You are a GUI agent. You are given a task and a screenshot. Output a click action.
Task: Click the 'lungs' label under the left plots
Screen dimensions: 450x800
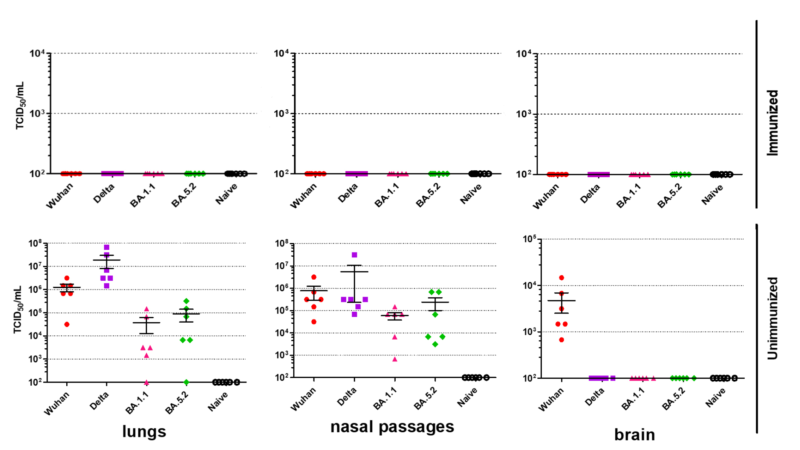(x=144, y=432)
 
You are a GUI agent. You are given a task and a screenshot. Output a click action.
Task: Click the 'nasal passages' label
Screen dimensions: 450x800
(x=392, y=427)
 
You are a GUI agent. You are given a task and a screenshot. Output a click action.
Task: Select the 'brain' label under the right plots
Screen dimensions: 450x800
(x=635, y=435)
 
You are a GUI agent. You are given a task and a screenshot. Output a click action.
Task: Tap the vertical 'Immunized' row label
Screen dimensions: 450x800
(x=773, y=123)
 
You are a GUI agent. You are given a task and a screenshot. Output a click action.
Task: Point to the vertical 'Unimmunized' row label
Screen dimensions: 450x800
(x=773, y=318)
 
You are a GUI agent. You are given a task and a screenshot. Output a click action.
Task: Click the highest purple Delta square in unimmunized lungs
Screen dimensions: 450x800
(x=107, y=248)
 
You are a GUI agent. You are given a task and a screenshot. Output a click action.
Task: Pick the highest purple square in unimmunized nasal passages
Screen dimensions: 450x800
(x=354, y=255)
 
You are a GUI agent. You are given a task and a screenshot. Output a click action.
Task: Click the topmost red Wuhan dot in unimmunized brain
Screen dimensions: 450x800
(x=561, y=278)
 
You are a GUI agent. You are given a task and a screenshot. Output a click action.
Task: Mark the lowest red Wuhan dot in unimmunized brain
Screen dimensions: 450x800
(x=561, y=340)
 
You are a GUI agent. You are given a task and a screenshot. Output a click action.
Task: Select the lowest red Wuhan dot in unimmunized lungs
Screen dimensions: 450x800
(x=67, y=324)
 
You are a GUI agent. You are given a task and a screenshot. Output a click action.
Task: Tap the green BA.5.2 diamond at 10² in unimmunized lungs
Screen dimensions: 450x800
(x=186, y=382)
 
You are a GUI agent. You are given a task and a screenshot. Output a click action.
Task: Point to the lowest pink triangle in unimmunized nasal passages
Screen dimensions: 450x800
(x=395, y=359)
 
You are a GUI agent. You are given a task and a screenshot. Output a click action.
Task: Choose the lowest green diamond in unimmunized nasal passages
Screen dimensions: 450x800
(x=435, y=344)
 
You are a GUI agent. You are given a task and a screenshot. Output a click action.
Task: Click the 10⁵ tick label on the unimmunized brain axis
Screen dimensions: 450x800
(x=529, y=239)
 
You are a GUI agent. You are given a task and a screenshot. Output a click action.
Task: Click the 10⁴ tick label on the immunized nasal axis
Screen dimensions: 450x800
(x=281, y=54)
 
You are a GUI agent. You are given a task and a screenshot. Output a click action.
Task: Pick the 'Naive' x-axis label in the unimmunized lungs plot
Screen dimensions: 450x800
(x=218, y=401)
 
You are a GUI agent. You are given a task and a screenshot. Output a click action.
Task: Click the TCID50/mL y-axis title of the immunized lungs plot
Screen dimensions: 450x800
(x=20, y=106)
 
